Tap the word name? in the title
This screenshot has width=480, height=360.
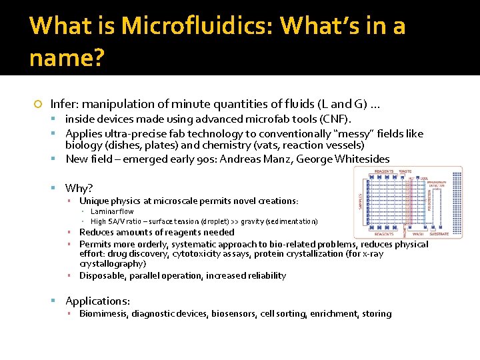[67, 57]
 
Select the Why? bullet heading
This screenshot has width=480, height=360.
[79, 188]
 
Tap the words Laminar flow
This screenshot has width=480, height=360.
[112, 211]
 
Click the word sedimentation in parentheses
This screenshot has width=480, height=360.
[292, 221]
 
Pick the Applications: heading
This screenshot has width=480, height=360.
[97, 301]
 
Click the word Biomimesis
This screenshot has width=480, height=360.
[103, 313]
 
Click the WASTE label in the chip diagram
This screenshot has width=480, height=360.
[406, 171]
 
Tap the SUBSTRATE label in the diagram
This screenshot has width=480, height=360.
[439, 235]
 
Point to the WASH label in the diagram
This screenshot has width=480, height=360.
[417, 235]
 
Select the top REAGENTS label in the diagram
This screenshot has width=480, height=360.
[383, 171]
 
